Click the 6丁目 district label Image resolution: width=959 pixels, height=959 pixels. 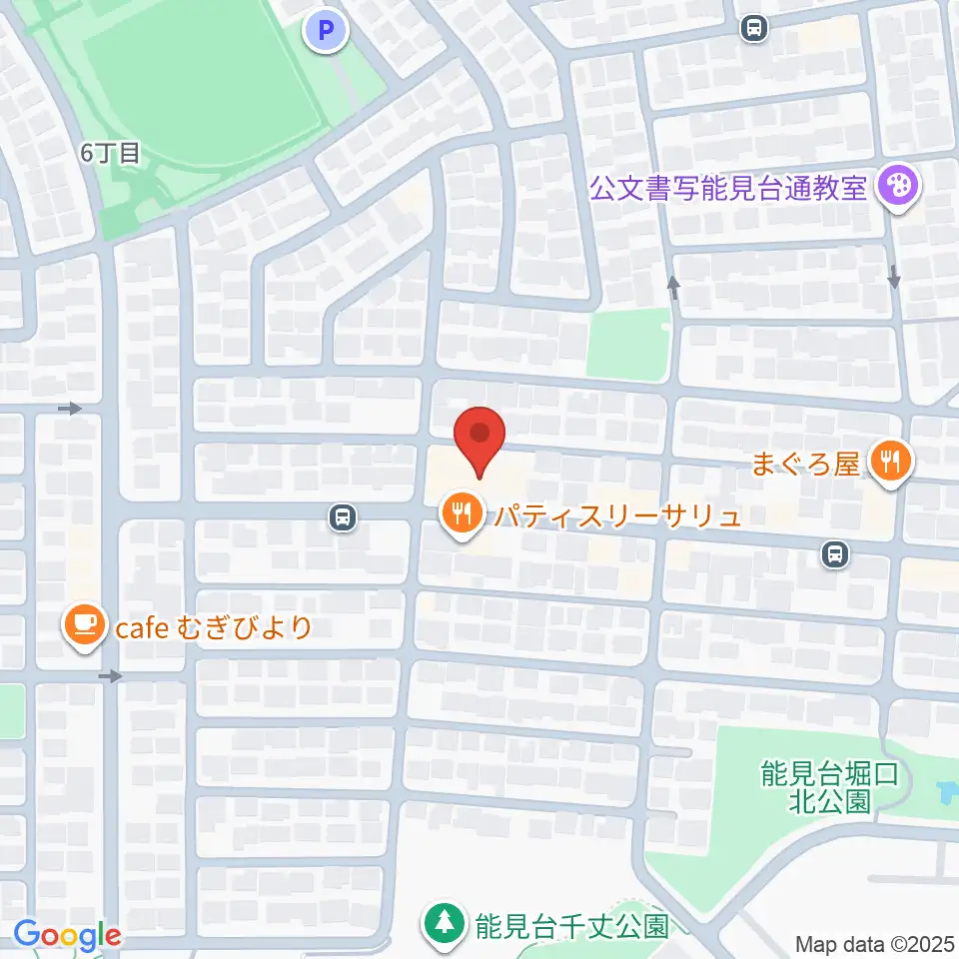[112, 153]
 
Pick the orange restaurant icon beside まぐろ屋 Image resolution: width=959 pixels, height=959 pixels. [888, 462]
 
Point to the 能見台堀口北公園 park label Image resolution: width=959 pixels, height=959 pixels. [817, 786]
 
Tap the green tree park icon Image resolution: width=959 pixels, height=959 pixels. [441, 923]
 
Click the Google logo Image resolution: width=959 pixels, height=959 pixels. [67, 935]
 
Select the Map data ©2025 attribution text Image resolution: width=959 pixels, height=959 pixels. [873, 944]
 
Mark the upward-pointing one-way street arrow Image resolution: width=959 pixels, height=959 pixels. [674, 289]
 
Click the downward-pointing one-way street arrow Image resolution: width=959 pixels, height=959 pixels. [893, 278]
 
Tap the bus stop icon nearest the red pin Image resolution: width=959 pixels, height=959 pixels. [343, 517]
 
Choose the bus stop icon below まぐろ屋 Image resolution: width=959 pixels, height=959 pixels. [834, 552]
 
